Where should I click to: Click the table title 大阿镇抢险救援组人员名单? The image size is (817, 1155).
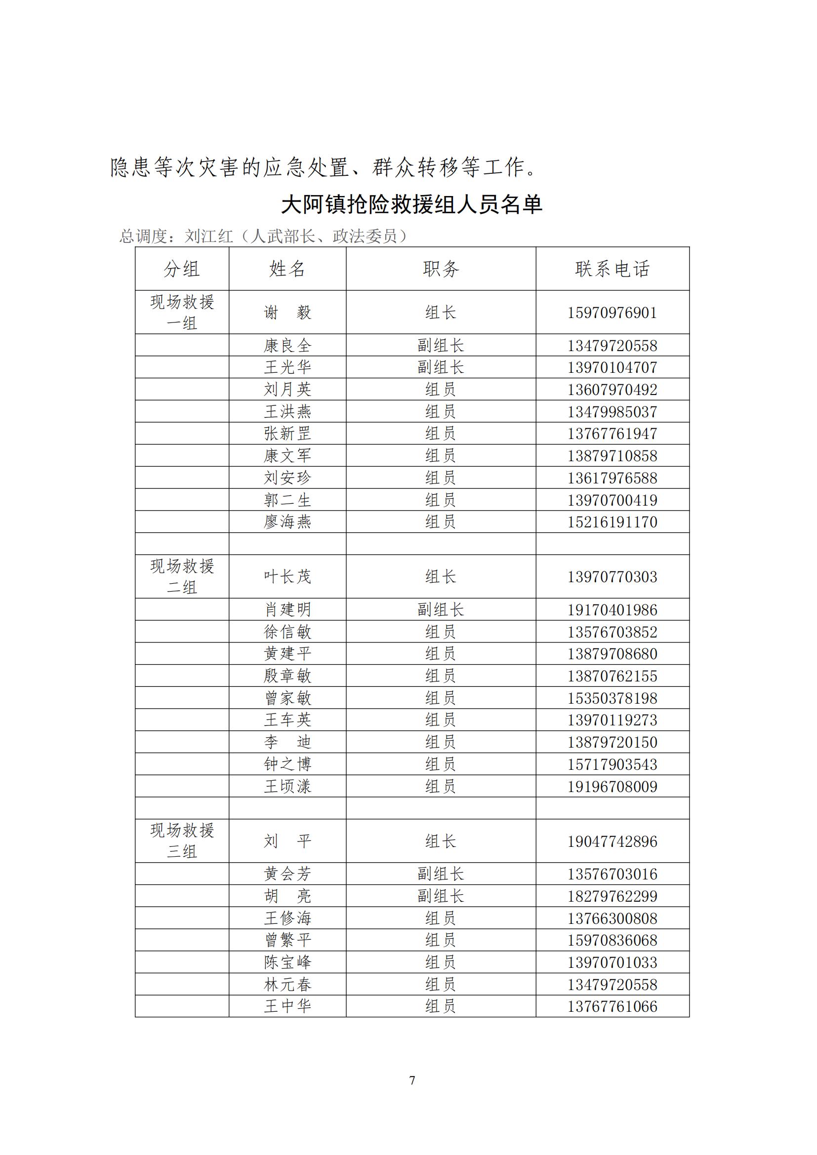(411, 204)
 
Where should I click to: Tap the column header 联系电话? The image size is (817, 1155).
(612, 269)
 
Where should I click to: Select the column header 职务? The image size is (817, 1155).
(441, 269)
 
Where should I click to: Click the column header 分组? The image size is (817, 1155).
(182, 269)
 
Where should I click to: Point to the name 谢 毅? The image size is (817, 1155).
(287, 313)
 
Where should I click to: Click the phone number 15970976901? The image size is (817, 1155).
(612, 313)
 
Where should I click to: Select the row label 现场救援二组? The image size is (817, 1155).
(182, 576)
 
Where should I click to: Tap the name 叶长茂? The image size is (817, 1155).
(287, 576)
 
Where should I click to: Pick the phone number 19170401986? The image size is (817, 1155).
(612, 610)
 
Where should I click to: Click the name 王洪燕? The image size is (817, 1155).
(287, 411)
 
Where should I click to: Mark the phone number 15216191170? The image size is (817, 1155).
(612, 521)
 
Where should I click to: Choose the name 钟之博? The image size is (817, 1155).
(287, 764)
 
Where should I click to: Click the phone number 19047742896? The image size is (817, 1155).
(612, 841)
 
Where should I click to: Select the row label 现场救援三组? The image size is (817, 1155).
(182, 840)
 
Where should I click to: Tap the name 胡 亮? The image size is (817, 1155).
(287, 896)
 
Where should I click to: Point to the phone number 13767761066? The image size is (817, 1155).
(612, 1006)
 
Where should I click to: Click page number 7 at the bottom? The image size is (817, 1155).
(412, 1080)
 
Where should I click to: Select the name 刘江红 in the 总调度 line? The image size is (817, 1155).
(209, 236)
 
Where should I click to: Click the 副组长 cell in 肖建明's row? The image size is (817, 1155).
(441, 610)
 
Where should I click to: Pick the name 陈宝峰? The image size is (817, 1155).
(287, 962)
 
